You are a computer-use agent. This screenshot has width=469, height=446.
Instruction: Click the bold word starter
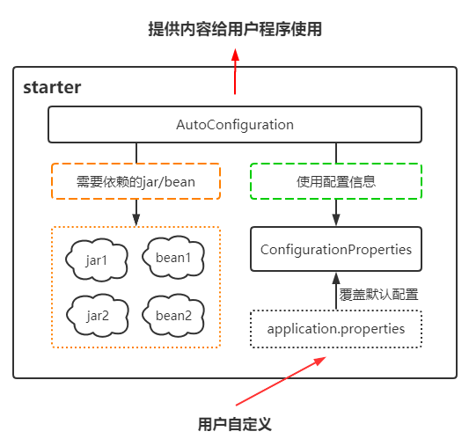pyautogui.click(x=52, y=87)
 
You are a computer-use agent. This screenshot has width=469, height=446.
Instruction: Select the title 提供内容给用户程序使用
pyautogui.click(x=235, y=29)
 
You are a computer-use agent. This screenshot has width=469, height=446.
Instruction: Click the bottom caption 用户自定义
pyautogui.click(x=235, y=424)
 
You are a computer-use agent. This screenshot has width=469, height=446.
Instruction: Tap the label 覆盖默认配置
pyautogui.click(x=378, y=295)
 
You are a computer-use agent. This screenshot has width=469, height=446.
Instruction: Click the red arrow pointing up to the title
pyautogui.click(x=235, y=71)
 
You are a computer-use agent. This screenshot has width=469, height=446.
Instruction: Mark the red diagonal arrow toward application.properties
pyautogui.click(x=281, y=381)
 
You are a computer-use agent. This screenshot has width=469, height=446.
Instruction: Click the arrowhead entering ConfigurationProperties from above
pyautogui.click(x=336, y=220)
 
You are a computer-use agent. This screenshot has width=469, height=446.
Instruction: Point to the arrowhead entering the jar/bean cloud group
pyautogui.click(x=136, y=220)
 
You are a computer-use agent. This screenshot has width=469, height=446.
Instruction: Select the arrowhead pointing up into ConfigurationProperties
pyautogui.click(x=336, y=278)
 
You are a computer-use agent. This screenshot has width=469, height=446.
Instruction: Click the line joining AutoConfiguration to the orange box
pyautogui.click(x=136, y=153)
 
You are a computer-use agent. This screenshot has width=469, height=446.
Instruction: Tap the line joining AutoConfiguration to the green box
pyautogui.click(x=336, y=153)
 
